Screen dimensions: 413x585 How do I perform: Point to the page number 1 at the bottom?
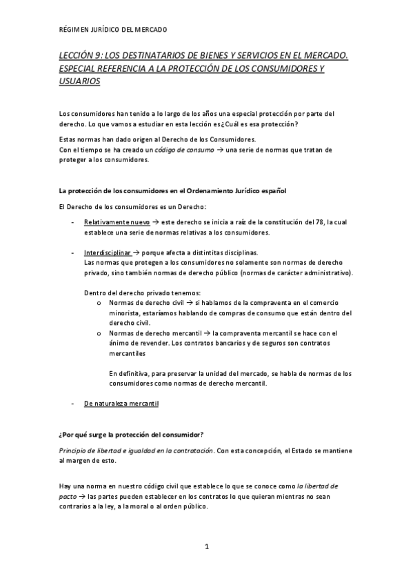[206, 547]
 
